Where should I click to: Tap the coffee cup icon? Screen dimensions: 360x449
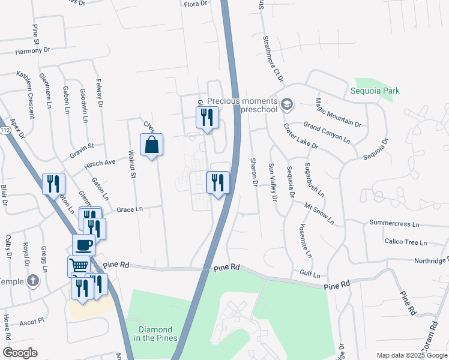pos(83,245)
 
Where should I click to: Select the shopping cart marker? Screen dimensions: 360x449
pos(79,266)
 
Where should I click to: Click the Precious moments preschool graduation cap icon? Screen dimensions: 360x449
pos(287,105)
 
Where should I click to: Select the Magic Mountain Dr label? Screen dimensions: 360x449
pos(338,113)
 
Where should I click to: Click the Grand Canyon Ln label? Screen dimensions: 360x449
pos(327,133)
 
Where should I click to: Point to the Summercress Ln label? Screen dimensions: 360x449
pos(394,223)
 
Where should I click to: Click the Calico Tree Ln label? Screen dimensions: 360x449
pos(405,242)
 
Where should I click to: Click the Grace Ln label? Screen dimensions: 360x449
pos(130,209)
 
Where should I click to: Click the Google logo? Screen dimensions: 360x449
pos(20,353)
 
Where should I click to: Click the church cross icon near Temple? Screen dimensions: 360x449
pos(34,280)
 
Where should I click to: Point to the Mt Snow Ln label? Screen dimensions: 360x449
pos(319,213)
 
